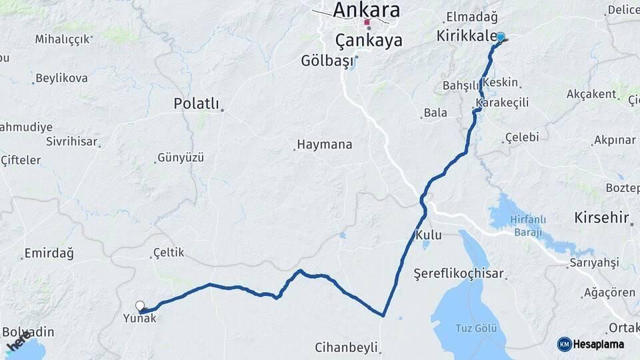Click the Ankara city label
coord(366,9)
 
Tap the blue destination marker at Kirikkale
coord(500,37)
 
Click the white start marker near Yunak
coord(140,306)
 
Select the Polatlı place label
coord(196,103)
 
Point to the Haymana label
coord(324,144)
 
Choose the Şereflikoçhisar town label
coord(458,273)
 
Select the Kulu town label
coord(428,235)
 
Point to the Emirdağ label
coord(48,253)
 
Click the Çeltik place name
coord(168,253)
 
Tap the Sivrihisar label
coord(72,141)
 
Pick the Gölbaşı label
coord(326,62)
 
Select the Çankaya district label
coord(369,41)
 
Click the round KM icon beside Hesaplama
coord(564,344)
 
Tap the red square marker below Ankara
coord(367,22)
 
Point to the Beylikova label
coord(61,79)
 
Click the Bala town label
coord(435,113)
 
